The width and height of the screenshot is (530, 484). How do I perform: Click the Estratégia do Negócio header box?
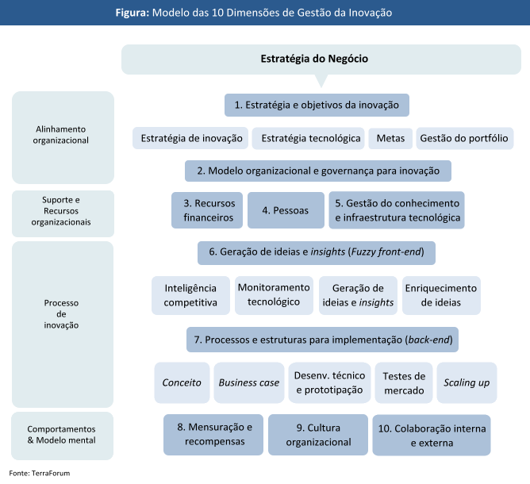click(x=314, y=59)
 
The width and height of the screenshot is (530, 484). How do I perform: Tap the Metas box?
click(x=390, y=138)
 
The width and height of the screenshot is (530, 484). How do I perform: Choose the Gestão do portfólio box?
click(x=464, y=138)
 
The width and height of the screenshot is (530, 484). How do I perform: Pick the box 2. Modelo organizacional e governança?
click(x=318, y=171)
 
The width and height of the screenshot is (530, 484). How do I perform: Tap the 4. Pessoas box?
click(x=286, y=209)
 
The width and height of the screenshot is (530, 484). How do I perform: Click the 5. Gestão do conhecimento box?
click(x=397, y=209)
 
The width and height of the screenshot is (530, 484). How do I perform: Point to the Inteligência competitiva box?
click(x=190, y=295)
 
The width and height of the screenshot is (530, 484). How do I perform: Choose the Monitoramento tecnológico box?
click(x=274, y=294)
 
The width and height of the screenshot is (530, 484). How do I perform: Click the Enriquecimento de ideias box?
click(x=441, y=295)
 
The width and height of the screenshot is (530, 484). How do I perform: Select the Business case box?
click(x=249, y=382)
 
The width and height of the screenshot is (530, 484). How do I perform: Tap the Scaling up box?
click(x=467, y=382)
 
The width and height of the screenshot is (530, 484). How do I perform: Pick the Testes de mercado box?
click(x=404, y=382)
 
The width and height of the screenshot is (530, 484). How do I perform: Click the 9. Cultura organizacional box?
click(x=318, y=435)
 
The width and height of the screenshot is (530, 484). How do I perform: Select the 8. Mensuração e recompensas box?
click(x=214, y=434)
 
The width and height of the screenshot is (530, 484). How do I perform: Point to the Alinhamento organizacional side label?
click(x=63, y=135)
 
